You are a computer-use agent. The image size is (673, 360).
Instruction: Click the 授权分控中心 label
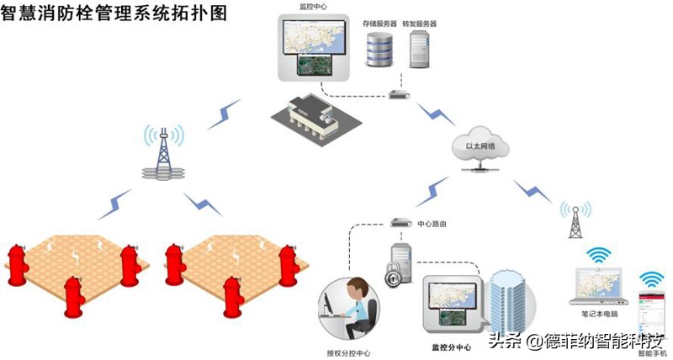(x=348, y=352)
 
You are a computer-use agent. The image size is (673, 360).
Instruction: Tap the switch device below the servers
(x=399, y=95)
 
